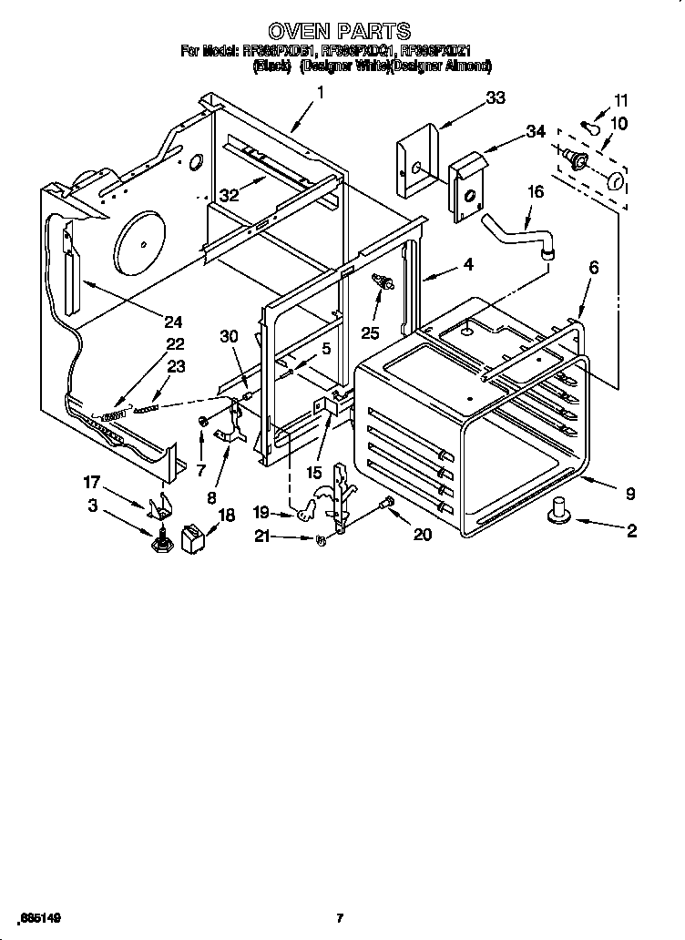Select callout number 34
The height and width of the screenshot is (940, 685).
click(535, 132)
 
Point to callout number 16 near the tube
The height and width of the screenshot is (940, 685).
click(535, 192)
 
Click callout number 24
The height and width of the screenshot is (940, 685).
click(173, 321)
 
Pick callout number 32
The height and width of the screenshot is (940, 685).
click(229, 194)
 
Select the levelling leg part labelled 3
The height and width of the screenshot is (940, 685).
click(163, 544)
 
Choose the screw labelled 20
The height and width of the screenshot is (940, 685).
click(388, 504)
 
